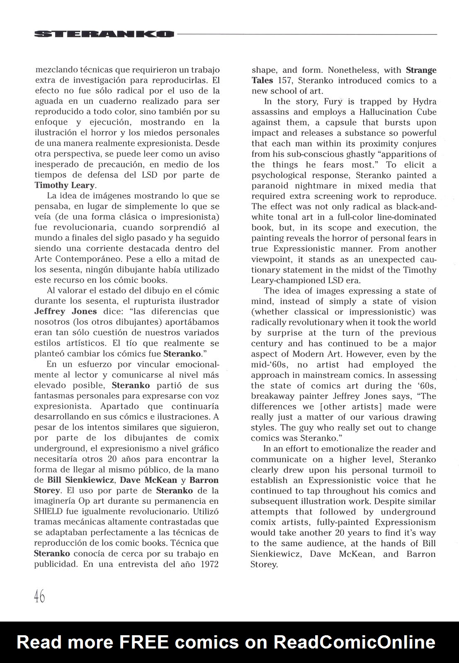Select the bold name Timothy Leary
coord(65,185)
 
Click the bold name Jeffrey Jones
coord(66,311)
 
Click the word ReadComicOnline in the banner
coord(354,642)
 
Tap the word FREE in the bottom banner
coord(144,642)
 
